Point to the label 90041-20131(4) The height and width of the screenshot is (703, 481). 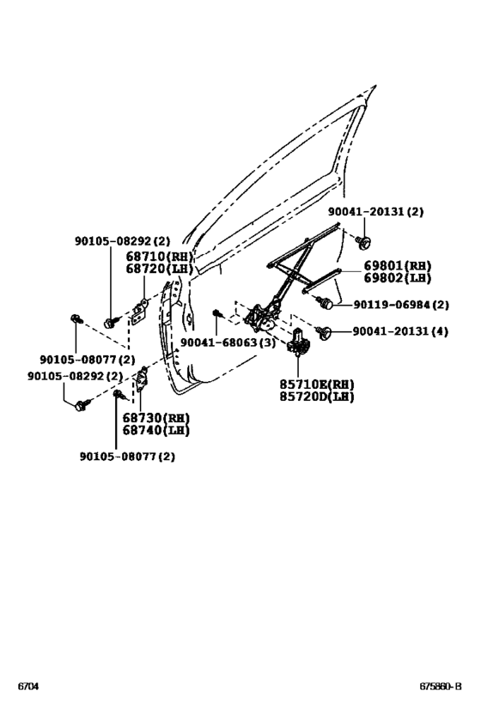click(x=399, y=331)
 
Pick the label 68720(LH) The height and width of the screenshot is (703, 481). click(x=160, y=269)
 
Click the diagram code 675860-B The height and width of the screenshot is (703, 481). click(x=441, y=687)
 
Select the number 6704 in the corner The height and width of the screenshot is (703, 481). click(x=27, y=687)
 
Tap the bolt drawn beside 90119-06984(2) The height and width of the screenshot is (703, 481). click(x=325, y=302)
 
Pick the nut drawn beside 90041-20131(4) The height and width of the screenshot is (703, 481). click(x=326, y=331)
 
